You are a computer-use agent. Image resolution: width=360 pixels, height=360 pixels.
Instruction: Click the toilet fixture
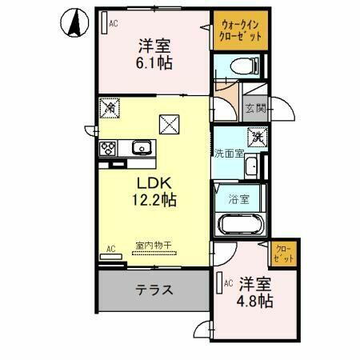click(x=241, y=66)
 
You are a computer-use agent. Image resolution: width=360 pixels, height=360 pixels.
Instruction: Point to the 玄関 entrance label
click(x=255, y=108)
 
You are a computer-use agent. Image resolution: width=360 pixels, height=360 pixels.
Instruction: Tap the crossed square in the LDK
click(x=170, y=124)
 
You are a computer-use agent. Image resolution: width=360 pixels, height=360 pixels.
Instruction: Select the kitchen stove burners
click(x=108, y=149)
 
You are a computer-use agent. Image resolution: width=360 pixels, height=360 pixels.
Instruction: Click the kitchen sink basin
click(x=141, y=147)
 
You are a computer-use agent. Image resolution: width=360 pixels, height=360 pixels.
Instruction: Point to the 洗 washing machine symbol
click(x=258, y=138)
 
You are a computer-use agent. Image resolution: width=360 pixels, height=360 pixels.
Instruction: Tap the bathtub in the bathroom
click(x=240, y=224)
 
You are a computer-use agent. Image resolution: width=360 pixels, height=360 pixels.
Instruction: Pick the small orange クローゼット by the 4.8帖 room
click(x=283, y=254)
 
